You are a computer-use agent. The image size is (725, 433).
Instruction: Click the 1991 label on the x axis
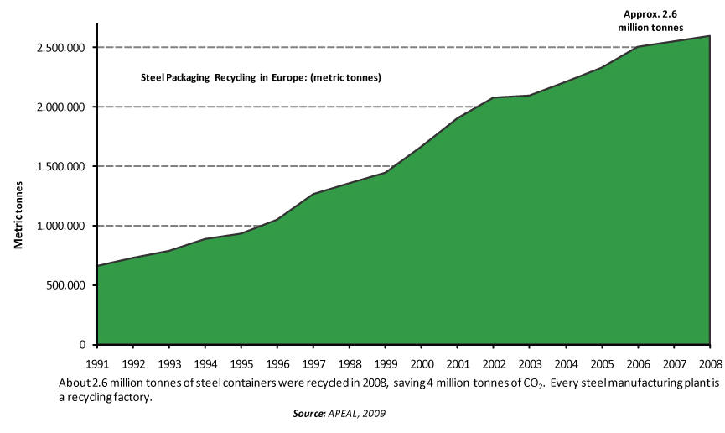coord(98,364)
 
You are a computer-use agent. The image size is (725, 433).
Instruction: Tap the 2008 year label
coord(709,364)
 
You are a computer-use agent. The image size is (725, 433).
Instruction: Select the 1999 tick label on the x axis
coord(386,364)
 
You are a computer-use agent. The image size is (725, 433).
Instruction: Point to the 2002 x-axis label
coord(494,364)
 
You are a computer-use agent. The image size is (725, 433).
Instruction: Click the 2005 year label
coord(602,364)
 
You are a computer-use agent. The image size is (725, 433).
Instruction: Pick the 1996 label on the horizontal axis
coord(277,364)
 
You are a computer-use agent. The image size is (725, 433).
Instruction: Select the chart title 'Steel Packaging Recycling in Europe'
coord(261,78)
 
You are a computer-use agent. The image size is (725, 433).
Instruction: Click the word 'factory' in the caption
coord(136,398)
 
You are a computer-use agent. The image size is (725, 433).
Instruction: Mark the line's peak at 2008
coord(710,36)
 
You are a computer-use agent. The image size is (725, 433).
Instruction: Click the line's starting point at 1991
coord(98,266)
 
